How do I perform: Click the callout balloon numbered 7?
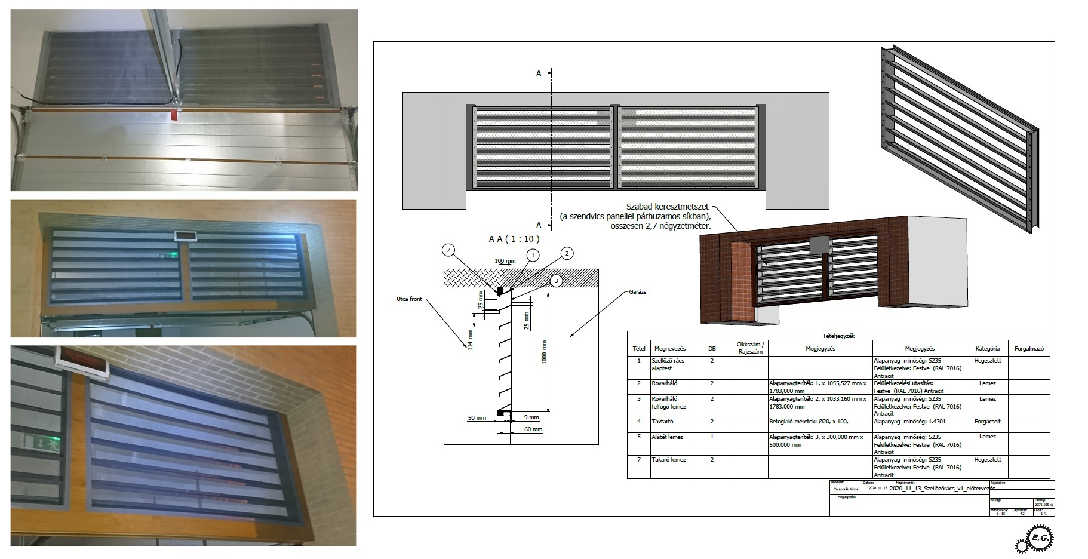point(449,250)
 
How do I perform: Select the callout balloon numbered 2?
point(567,253)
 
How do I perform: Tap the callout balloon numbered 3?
point(556,280)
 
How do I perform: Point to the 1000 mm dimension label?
point(544,352)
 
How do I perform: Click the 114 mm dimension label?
point(471,340)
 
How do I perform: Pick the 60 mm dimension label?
point(533,429)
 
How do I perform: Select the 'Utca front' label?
point(409,299)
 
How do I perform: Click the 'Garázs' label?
point(637,292)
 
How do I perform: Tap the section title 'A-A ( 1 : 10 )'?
point(514,239)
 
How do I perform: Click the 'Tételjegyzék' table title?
point(838,336)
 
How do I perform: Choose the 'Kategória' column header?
point(987,348)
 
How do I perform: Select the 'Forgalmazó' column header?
point(1028,348)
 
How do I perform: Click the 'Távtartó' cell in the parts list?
point(663,421)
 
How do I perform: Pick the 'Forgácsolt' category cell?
point(987,421)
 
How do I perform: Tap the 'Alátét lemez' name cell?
point(668,437)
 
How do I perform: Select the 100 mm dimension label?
point(505,261)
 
